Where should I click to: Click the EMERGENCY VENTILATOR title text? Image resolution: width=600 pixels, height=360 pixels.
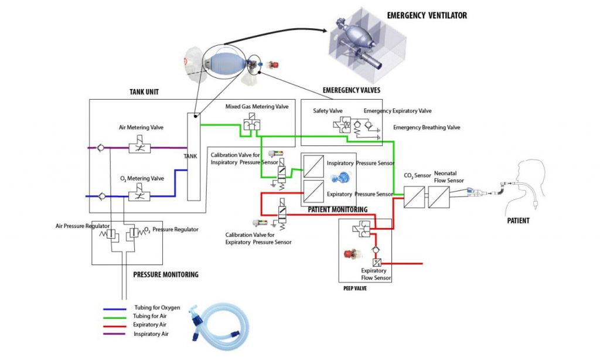(427, 16)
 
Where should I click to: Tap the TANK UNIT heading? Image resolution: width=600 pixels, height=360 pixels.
(144, 92)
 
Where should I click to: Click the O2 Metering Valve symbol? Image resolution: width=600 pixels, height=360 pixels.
(139, 195)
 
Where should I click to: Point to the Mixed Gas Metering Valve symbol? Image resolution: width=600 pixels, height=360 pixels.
(252, 123)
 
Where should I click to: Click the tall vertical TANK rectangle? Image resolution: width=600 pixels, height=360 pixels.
(193, 157)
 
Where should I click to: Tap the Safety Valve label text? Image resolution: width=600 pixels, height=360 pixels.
(328, 111)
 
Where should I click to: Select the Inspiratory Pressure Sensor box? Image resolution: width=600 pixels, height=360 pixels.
(313, 166)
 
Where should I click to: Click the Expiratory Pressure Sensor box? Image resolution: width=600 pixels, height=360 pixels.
(313, 192)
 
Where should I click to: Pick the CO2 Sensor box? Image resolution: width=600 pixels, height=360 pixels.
(414, 197)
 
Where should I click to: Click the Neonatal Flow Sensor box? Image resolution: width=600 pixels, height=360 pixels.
(438, 197)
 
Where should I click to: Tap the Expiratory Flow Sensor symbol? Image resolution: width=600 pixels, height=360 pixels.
(377, 263)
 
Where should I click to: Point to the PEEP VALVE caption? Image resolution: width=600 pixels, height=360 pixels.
(355, 288)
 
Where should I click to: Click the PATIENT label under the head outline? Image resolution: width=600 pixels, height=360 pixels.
(518, 220)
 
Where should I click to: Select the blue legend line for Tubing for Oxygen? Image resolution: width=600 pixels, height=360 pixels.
(114, 309)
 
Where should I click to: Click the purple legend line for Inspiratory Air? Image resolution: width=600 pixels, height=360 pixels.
(114, 334)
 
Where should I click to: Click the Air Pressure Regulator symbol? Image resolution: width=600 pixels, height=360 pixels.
(110, 233)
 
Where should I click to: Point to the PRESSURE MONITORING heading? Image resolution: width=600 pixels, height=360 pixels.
(166, 274)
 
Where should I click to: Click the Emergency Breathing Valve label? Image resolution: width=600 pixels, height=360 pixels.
(427, 128)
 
